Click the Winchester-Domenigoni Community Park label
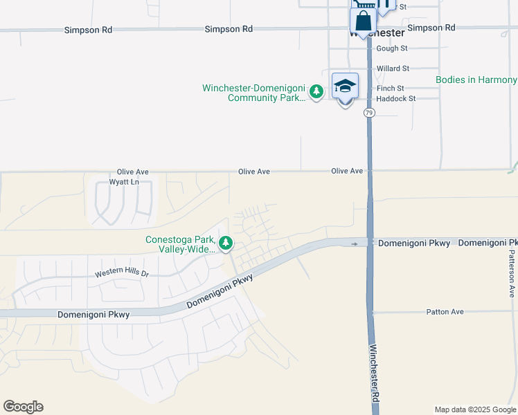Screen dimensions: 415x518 pos(253,93)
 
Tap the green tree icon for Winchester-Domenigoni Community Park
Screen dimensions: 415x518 pos(316,91)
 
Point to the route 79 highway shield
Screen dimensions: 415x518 pos(369,113)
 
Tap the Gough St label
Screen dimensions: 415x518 pos(392,48)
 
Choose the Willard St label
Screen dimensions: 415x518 pos(393,68)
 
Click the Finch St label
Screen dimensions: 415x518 pos(391,89)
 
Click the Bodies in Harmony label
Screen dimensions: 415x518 pos(476,80)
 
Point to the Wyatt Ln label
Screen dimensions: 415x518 pos(124,182)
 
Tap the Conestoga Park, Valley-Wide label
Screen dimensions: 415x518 pos(179,244)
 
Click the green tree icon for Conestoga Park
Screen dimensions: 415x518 pos(225,243)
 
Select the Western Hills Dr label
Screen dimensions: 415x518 pos(122,273)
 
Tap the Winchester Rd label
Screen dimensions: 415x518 pos(374,373)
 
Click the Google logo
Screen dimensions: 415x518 pos(23,407)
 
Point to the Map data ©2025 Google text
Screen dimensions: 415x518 pos(474,409)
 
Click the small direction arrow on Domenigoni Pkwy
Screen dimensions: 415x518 pos(355,243)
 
